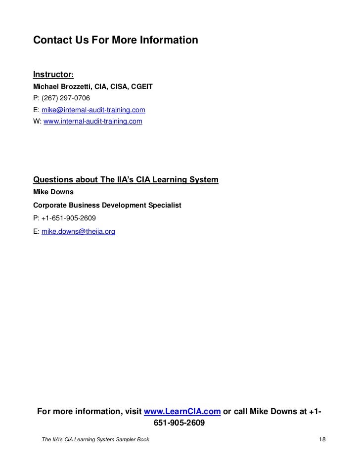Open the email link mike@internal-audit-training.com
[94, 109]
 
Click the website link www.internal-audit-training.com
[93, 120]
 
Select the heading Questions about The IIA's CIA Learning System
[126, 179]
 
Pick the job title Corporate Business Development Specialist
[107, 205]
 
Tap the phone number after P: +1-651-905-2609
[70, 218]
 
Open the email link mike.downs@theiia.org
[79, 231]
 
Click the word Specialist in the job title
[164, 205]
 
